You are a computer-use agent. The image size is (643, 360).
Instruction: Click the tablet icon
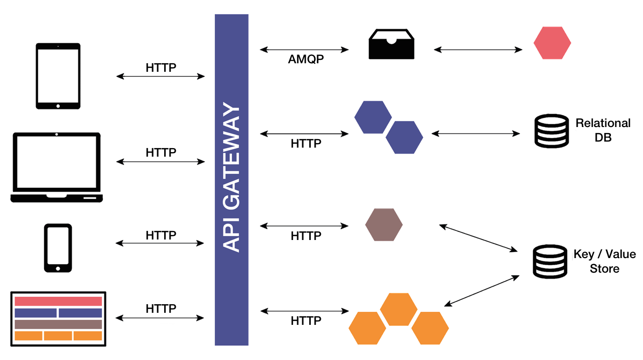[58, 75]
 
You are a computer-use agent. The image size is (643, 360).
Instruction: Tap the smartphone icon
[58, 248]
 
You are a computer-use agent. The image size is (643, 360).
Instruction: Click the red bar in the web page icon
[58, 301]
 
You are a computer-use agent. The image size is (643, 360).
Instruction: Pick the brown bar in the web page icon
[58, 324]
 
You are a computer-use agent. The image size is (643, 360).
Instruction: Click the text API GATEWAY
[231, 179]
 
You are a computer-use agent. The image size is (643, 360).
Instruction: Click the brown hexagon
[383, 224]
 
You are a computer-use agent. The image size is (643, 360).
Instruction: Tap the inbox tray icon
[391, 44]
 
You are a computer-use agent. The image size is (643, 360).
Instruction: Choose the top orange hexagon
[398, 308]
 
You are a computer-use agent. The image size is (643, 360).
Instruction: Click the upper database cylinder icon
[551, 131]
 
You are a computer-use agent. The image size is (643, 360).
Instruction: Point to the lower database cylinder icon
[550, 261]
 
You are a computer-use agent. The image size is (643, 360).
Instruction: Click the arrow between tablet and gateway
[161, 77]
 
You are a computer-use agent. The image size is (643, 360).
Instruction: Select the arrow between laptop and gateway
[161, 162]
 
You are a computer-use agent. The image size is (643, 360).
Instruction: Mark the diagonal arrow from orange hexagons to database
[482, 290]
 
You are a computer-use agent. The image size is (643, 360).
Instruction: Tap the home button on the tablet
[58, 106]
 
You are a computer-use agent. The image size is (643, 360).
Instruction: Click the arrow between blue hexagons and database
[476, 134]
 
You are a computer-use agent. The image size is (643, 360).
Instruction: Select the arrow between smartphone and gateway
[161, 244]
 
